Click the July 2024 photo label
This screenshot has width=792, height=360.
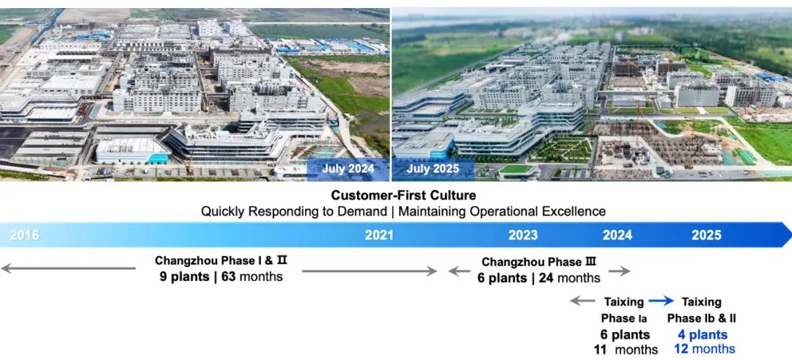click(x=348, y=169)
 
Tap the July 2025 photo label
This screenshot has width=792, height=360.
click(x=433, y=169)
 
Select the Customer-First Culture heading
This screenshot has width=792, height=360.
click(x=403, y=195)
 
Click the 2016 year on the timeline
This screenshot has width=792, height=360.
click(x=24, y=235)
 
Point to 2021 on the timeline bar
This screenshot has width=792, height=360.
click(x=379, y=235)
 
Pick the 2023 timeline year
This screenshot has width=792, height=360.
click(x=523, y=235)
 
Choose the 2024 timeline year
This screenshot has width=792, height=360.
click(x=617, y=235)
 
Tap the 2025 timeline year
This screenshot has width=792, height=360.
click(x=706, y=235)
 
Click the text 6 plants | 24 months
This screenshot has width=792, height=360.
click(x=539, y=278)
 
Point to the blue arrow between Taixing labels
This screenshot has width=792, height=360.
click(x=661, y=301)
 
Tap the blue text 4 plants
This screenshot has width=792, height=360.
click(x=703, y=334)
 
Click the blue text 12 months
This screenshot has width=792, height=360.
click(x=705, y=349)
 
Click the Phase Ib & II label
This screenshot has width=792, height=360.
click(x=702, y=318)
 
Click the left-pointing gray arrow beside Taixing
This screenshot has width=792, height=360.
click(x=583, y=301)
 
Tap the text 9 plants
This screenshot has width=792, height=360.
click(x=185, y=277)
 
